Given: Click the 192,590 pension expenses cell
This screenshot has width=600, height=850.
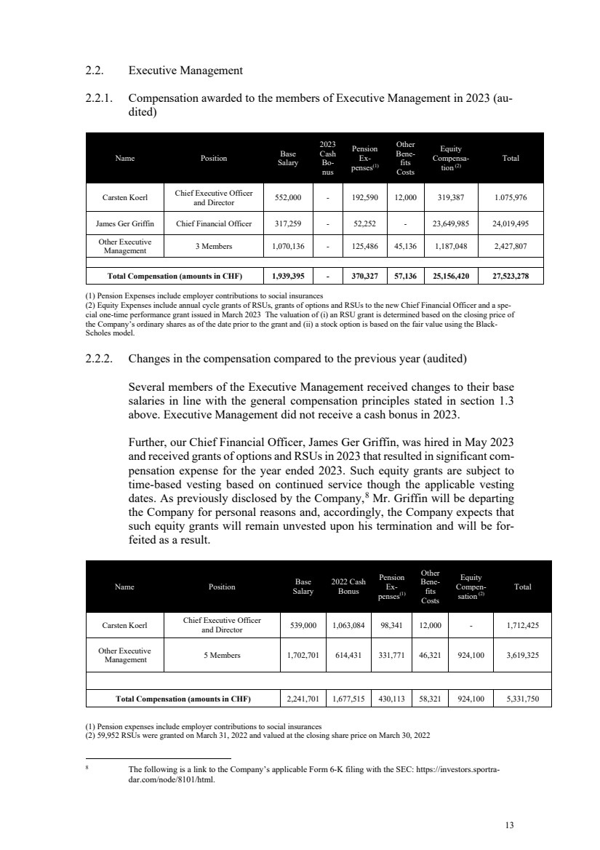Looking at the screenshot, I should pos(367,197).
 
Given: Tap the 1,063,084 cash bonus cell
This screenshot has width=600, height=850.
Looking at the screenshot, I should pos(349,624).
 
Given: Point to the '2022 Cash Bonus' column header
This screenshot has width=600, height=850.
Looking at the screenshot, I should pos(348,586).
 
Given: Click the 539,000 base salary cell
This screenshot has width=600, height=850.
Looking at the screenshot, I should pos(303,624).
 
